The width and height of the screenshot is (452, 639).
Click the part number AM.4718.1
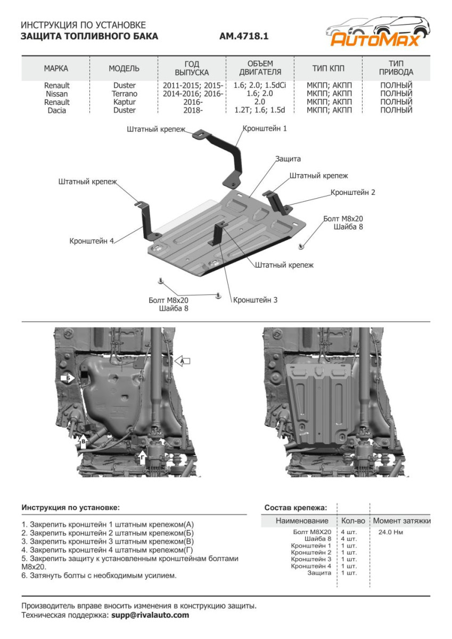244,37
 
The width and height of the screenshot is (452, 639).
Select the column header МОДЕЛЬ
124,68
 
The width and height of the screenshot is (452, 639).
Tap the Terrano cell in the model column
124,94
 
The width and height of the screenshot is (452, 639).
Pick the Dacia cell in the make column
56,110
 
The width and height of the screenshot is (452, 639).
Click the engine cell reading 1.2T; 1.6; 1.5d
260,110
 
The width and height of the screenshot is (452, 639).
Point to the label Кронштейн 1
265,128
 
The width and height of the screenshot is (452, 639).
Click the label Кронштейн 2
352,192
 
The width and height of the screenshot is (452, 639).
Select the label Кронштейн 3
255,300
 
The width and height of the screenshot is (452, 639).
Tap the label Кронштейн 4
92,241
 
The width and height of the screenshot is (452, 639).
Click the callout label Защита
288,159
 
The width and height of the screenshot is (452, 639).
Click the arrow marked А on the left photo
183,361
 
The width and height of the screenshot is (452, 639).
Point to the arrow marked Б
68,379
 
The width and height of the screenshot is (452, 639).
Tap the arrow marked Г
142,457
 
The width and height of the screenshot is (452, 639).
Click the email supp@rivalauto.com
150,615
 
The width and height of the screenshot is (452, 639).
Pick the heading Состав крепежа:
295,507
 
